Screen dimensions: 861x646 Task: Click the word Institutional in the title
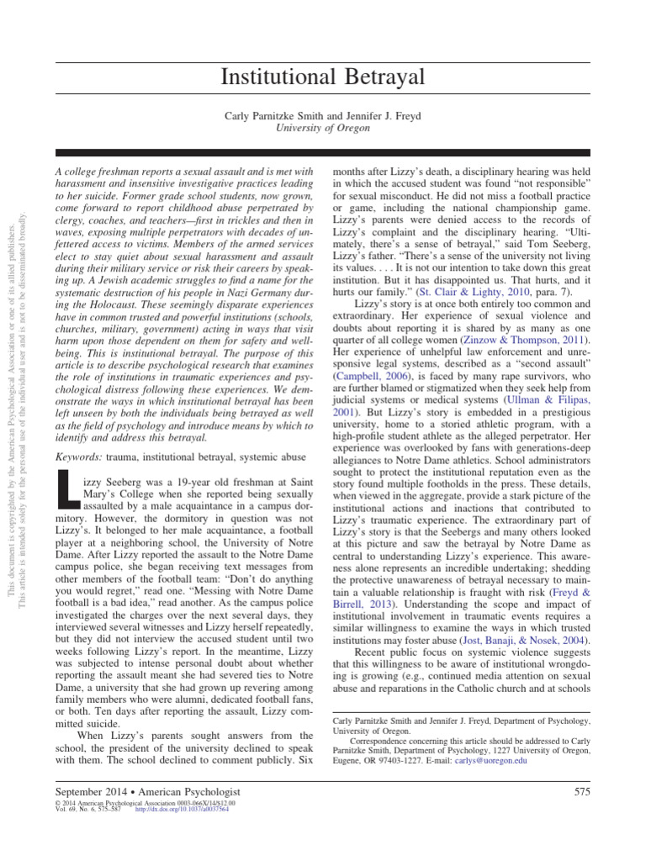click(x=273, y=78)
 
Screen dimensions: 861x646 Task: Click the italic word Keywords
click(x=79, y=456)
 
